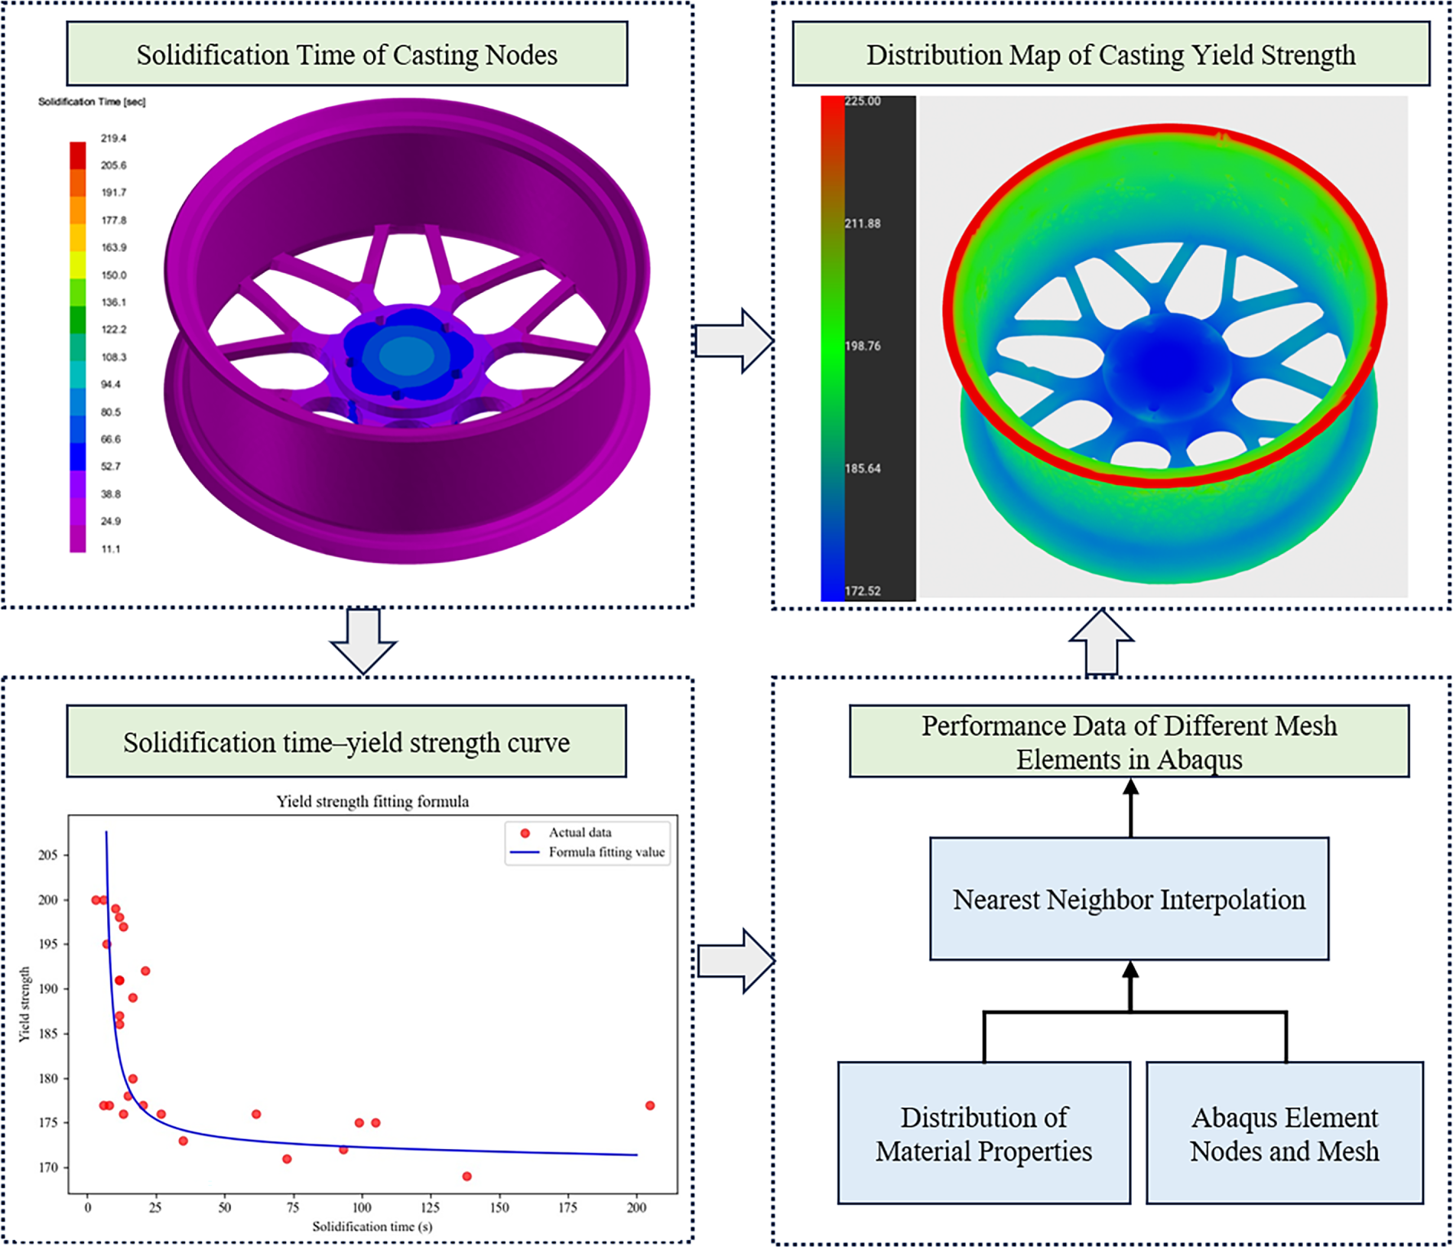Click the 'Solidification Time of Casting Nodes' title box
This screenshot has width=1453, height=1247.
(x=346, y=54)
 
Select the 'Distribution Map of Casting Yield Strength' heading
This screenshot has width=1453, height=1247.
(x=1110, y=54)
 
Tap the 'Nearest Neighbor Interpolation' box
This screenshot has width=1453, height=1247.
(x=1129, y=899)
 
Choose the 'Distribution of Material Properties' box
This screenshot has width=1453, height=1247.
(x=983, y=1133)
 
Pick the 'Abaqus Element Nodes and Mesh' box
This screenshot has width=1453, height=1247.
(x=1285, y=1133)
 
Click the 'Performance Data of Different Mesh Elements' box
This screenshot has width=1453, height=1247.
(x=1129, y=741)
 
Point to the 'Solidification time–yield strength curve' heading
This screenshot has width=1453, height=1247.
(x=346, y=741)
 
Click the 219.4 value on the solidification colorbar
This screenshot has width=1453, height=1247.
(x=113, y=138)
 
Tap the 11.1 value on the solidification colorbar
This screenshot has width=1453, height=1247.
(x=111, y=549)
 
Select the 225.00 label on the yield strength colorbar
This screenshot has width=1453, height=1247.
(x=863, y=102)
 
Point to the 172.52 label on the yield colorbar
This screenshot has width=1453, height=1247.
(x=863, y=591)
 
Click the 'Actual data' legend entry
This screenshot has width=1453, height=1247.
(x=580, y=832)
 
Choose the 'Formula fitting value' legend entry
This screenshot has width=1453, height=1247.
(x=606, y=852)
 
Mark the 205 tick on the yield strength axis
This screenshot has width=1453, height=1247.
(x=48, y=855)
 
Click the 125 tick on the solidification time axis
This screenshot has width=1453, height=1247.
(x=430, y=1207)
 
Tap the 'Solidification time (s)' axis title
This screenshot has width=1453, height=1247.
(x=372, y=1226)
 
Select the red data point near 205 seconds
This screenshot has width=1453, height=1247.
(x=650, y=1105)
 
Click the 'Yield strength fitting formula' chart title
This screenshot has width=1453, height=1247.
(x=372, y=802)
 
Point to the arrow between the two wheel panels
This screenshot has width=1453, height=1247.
(x=733, y=340)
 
